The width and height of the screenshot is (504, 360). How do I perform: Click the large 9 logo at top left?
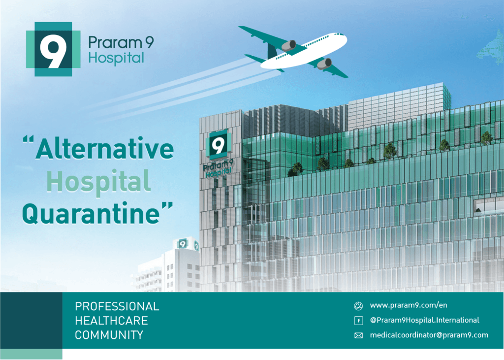click(53, 49)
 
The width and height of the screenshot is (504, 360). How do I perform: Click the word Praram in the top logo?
click(115, 42)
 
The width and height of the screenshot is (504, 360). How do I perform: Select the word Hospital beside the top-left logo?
click(116, 58)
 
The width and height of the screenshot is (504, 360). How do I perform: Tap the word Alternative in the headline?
click(105, 149)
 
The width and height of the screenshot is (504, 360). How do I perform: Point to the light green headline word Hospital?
click(98, 182)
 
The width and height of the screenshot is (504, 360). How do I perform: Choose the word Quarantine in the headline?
click(91, 213)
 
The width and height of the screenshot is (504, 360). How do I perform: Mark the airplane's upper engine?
click(289, 45)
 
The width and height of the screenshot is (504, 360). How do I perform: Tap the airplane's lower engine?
click(324, 64)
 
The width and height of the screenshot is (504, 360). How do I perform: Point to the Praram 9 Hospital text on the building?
click(218, 168)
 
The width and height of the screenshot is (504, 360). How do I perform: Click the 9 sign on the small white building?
click(183, 244)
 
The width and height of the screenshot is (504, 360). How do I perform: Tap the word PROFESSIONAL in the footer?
click(117, 306)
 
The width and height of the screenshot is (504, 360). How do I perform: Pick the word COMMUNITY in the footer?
click(109, 335)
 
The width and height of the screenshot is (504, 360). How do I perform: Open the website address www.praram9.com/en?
click(409, 305)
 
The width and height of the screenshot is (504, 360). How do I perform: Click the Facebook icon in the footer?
click(358, 321)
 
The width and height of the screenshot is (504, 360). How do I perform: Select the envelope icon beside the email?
click(358, 335)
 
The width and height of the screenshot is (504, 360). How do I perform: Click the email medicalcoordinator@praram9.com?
click(429, 335)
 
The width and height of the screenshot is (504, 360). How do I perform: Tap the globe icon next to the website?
click(358, 306)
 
